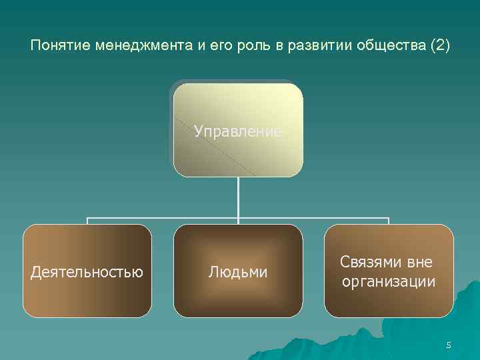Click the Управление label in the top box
[238, 131]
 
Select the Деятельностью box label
[87, 272]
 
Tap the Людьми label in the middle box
[238, 272]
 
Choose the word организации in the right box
[389, 282]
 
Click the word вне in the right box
[419, 263]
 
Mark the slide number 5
[449, 345]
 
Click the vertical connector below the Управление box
[238, 197]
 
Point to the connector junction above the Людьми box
[238, 219]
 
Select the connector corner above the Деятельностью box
[88, 219]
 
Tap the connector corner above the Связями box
[389, 219]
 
